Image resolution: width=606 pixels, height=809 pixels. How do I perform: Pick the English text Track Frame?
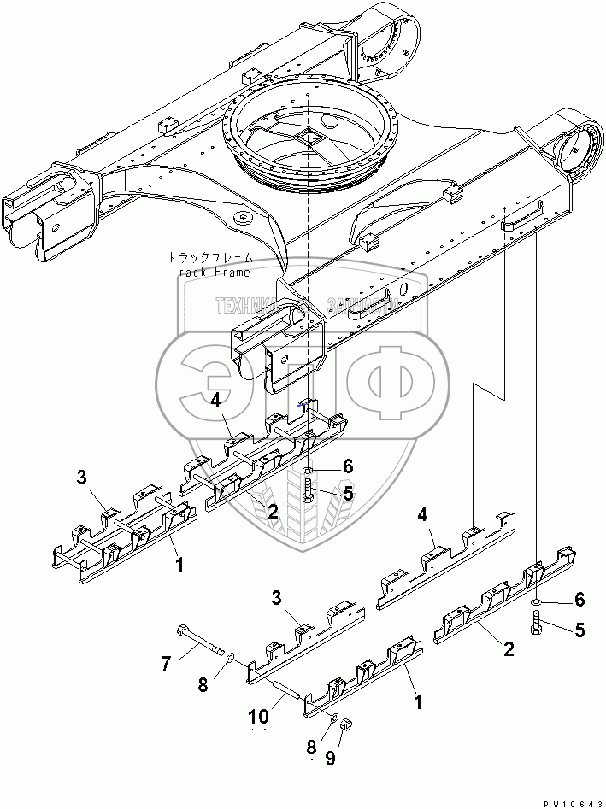tap(209, 273)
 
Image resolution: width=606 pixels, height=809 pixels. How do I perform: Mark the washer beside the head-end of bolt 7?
tap(230, 654)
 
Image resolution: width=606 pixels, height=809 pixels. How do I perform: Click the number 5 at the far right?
tap(580, 630)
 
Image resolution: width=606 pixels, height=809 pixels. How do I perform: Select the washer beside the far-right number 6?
tap(534, 603)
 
